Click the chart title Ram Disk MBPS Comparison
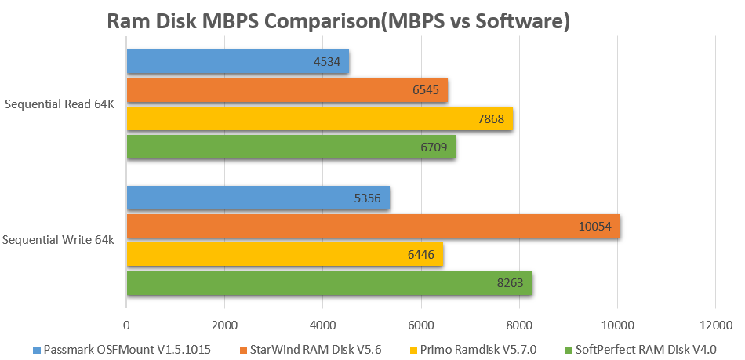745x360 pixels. (337, 22)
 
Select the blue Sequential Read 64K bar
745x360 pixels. (237, 62)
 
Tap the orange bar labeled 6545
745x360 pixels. (286, 90)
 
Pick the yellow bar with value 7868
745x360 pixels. (319, 118)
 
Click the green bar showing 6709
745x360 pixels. (290, 147)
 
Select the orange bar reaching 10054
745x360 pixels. (372, 227)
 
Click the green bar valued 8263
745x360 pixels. (329, 283)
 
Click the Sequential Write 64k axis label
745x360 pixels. (59, 240)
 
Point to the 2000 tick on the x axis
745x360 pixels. (224, 325)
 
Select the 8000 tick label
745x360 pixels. (518, 325)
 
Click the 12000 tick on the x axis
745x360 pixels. (714, 325)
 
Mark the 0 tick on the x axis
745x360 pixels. (126, 325)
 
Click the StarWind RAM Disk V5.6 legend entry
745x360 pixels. (314, 349)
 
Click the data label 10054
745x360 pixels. (594, 227)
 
